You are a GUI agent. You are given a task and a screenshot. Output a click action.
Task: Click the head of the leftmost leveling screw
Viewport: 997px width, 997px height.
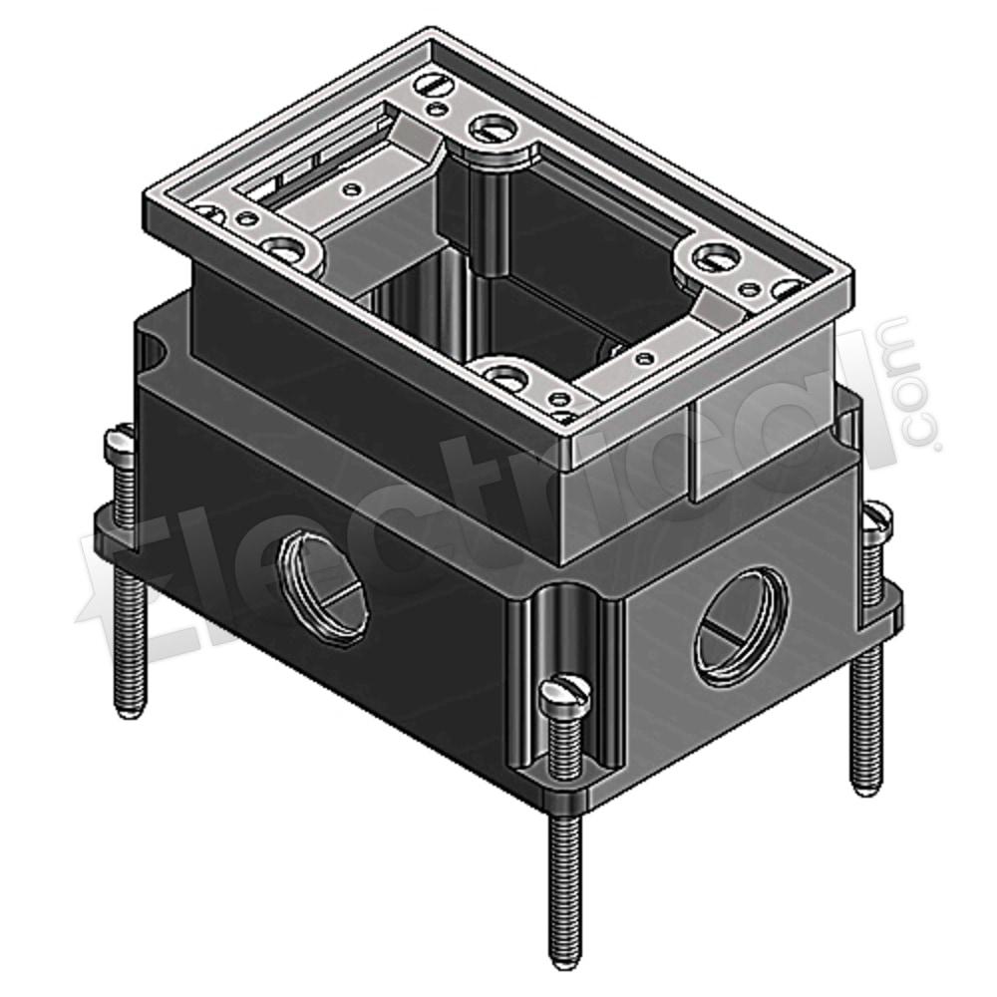point(120,439)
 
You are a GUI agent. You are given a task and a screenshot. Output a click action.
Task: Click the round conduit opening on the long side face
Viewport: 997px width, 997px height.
point(324,588)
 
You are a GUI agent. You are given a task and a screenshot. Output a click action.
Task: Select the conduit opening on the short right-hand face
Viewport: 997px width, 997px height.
point(741,629)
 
